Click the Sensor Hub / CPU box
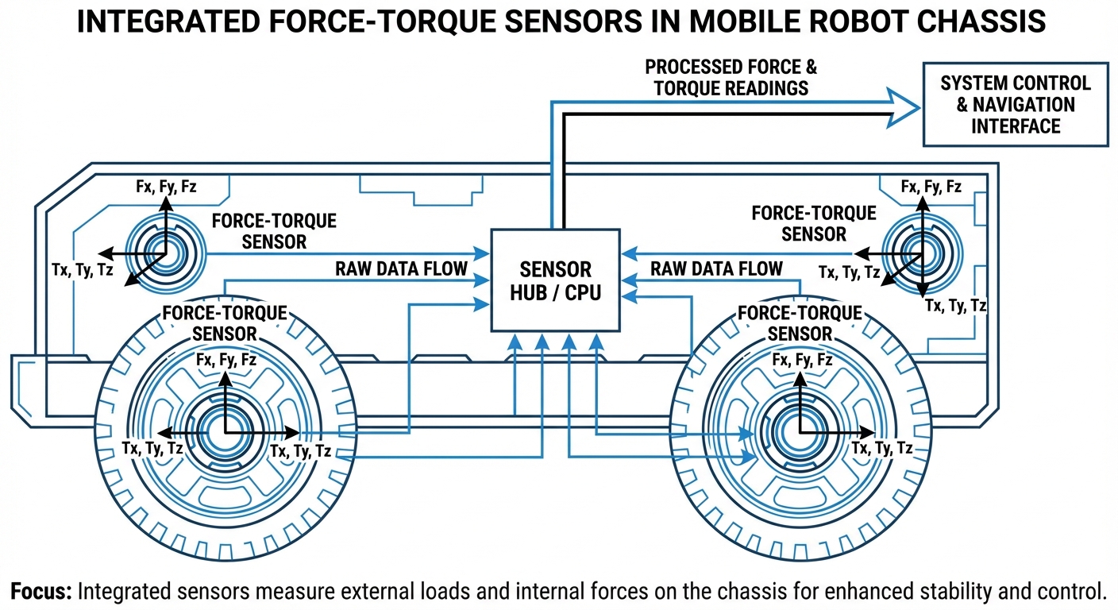click(x=555, y=280)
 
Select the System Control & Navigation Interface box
click(x=1015, y=105)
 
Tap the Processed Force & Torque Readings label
click(x=731, y=77)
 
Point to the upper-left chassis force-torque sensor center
click(x=165, y=254)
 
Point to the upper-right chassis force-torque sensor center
click(x=921, y=254)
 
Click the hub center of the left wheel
click(x=225, y=432)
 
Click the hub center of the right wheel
click(x=800, y=432)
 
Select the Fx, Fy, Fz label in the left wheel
click(x=226, y=360)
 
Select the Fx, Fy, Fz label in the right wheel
click(x=802, y=361)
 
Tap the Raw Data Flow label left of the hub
click(x=401, y=268)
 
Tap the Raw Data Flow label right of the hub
click(x=716, y=268)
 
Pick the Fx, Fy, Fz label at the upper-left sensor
click(x=165, y=187)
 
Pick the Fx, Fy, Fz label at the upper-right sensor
click(x=931, y=187)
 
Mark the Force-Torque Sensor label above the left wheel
click(x=225, y=323)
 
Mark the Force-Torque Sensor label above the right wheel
click(x=800, y=323)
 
